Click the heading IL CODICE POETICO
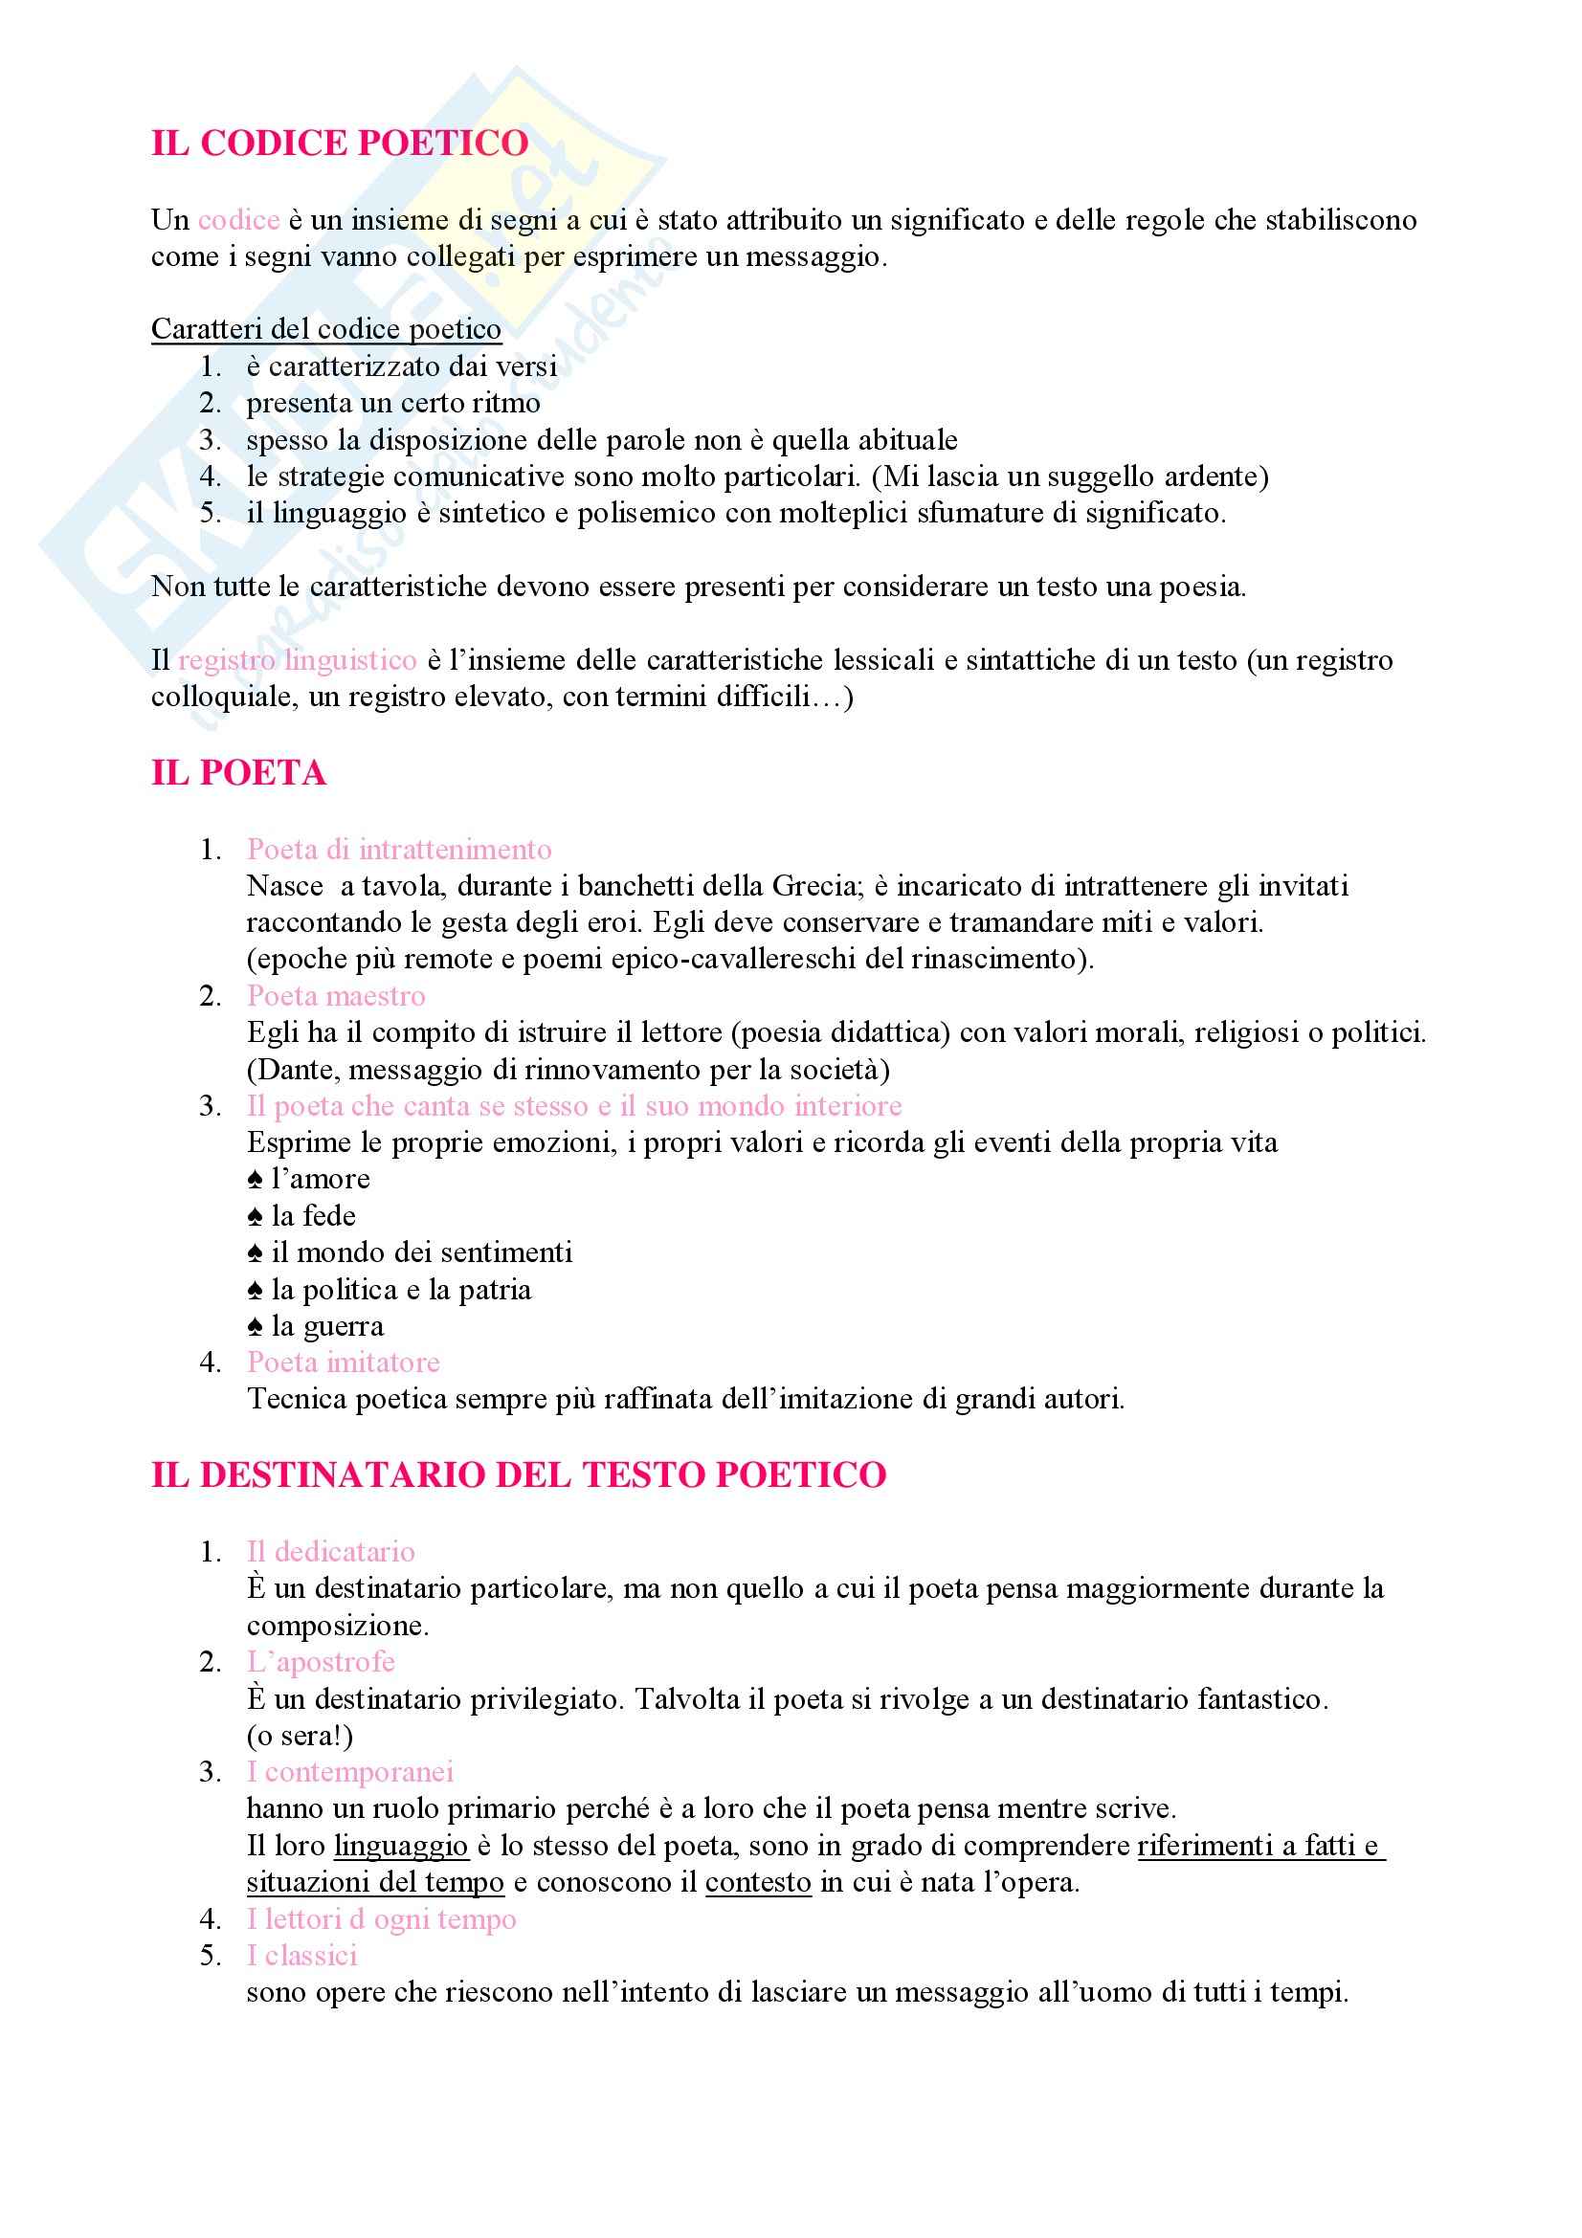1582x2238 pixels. pyautogui.click(x=339, y=144)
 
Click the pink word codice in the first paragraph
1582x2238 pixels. pyautogui.click(x=239, y=220)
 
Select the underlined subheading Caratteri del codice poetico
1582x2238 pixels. pyautogui.click(x=325, y=329)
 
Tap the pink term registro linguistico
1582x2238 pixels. pyautogui.click(x=298, y=661)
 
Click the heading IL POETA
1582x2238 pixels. pyautogui.click(x=238, y=773)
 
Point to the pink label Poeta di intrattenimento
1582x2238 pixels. pyautogui.click(x=399, y=850)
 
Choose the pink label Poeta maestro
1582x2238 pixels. pyautogui.click(x=336, y=996)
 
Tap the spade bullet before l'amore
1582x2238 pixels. pyautogui.click(x=256, y=1181)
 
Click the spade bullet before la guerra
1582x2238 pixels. pyautogui.click(x=256, y=1328)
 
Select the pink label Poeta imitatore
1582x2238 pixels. pyautogui.click(x=344, y=1363)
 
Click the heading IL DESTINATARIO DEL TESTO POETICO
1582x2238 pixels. pyautogui.click(x=519, y=1474)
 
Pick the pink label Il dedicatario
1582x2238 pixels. pyautogui.click(x=330, y=1552)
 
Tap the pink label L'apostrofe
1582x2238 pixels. pyautogui.click(x=321, y=1662)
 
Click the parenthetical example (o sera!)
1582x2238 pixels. pyautogui.click(x=300, y=1736)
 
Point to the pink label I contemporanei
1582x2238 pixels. pyautogui.click(x=350, y=1772)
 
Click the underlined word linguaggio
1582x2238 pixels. pyautogui.click(x=401, y=1846)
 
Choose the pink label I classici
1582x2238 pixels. pyautogui.click(x=302, y=1956)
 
